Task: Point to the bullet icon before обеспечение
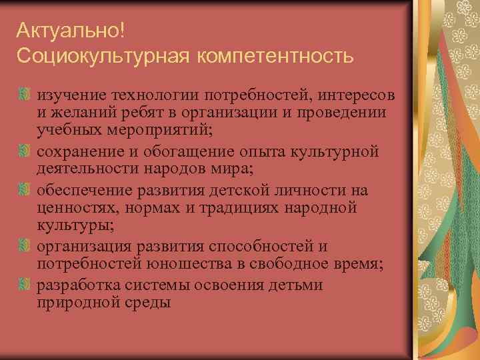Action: click(x=25, y=190)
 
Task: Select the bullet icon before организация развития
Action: click(x=25, y=247)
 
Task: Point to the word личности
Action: click(x=305, y=191)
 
